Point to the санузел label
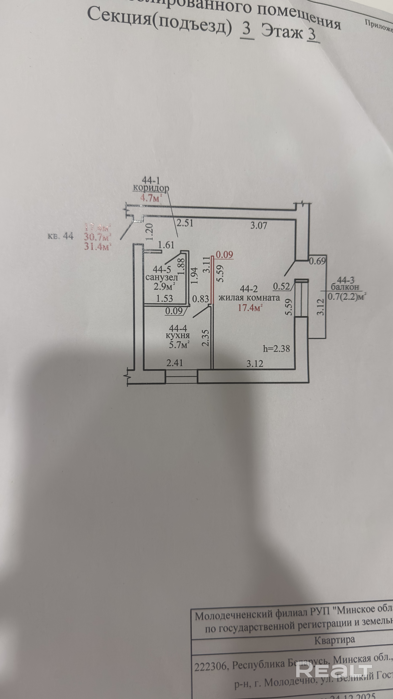pyautogui.click(x=162, y=277)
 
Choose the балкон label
pyautogui.click(x=345, y=287)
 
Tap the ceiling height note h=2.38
pyautogui.click(x=276, y=348)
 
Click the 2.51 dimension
pyautogui.click(x=185, y=223)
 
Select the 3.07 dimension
pyautogui.click(x=259, y=225)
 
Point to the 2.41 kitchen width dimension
pyautogui.click(x=175, y=363)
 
